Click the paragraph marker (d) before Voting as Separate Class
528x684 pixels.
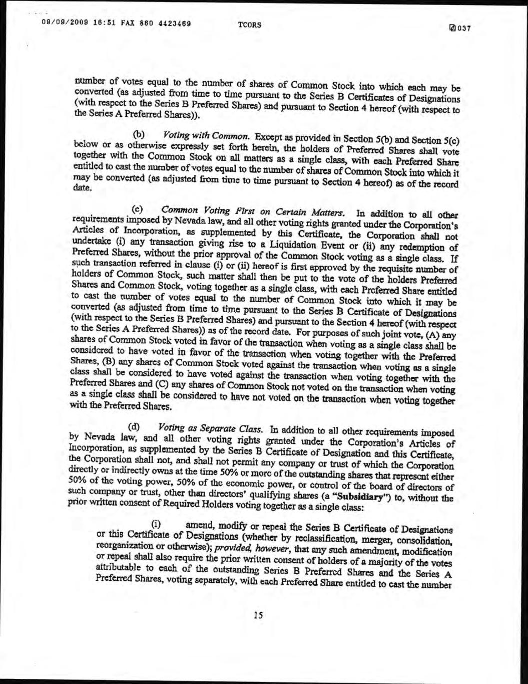[x=135, y=427]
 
